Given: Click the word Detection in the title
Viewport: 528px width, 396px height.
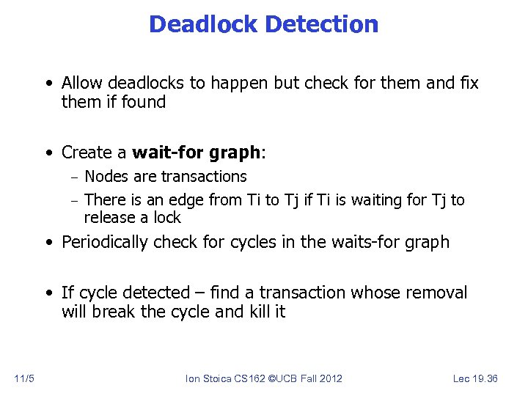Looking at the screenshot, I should [x=322, y=24].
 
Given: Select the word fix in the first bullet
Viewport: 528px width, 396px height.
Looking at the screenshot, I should [x=469, y=83].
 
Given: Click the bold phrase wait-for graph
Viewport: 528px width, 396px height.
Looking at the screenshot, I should [x=197, y=153].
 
